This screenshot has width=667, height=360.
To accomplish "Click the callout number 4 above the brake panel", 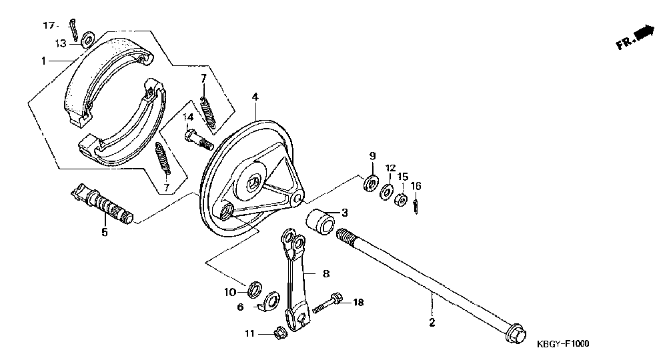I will click(x=255, y=97).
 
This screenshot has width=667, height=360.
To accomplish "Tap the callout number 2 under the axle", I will click(x=432, y=323).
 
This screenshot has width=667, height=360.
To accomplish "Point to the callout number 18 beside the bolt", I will click(x=358, y=303).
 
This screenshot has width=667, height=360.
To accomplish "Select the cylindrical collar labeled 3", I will click(x=320, y=220).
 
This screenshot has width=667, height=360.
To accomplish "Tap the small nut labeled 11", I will click(x=281, y=331).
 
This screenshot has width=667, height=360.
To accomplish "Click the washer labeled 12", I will click(x=386, y=193).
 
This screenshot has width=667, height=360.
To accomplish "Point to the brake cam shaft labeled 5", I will click(x=103, y=205).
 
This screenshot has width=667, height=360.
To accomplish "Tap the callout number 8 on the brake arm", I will click(x=326, y=273).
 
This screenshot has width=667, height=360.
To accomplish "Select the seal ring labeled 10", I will click(x=253, y=290).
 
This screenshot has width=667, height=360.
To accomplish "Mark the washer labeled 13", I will click(x=87, y=42).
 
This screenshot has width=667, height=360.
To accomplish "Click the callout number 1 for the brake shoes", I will click(x=43, y=61).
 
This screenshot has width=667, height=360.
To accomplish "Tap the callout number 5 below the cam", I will click(x=104, y=232).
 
